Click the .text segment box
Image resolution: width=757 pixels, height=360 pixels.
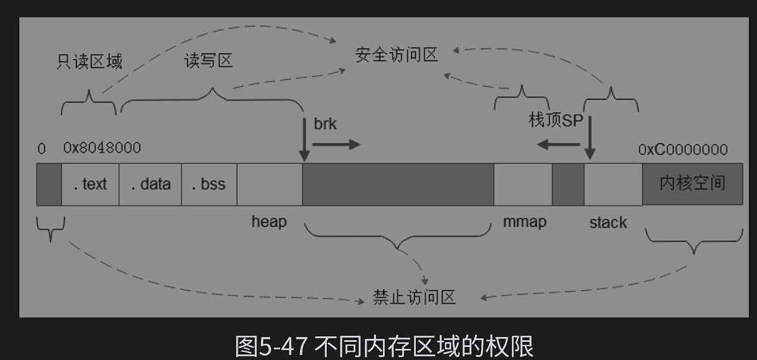(90, 184)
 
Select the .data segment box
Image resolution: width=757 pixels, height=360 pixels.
(150, 184)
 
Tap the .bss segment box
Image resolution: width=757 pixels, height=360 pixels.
(209, 184)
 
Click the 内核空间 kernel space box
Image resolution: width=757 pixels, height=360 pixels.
(692, 184)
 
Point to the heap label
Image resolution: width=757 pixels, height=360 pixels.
(269, 221)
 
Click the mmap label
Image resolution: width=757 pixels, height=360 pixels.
(524, 221)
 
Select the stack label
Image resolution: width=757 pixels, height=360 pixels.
(608, 222)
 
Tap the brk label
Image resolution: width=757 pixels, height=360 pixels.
(325, 124)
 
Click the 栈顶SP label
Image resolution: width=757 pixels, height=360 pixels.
(555, 120)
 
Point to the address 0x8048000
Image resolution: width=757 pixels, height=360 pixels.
(102, 148)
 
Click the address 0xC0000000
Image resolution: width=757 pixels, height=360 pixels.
(683, 149)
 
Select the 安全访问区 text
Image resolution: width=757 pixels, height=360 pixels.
(397, 55)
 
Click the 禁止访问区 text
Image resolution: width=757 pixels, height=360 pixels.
(414, 297)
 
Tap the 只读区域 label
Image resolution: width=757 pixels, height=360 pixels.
(89, 61)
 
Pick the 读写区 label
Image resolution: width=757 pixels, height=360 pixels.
(209, 60)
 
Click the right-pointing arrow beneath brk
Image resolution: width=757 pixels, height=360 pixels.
(336, 144)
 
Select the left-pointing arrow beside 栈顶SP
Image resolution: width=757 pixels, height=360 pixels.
(558, 144)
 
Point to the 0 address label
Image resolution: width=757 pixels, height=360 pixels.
(42, 149)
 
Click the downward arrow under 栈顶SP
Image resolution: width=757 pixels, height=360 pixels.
(590, 137)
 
